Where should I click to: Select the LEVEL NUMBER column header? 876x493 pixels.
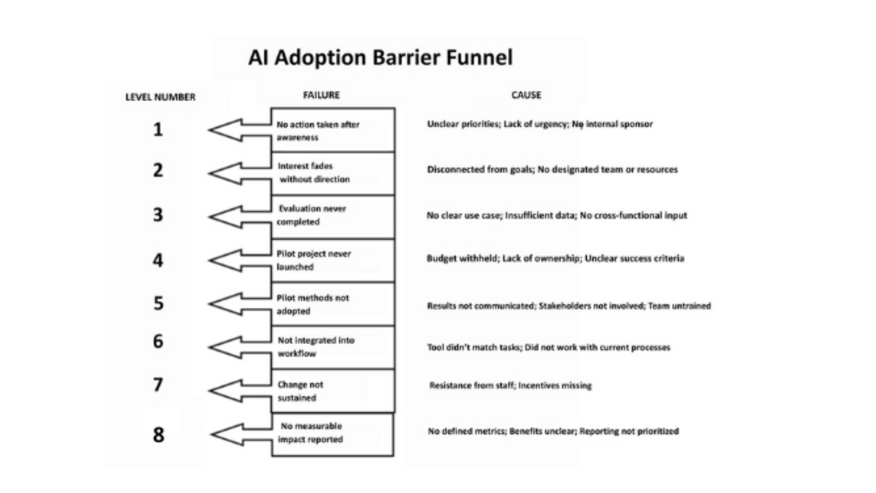pyautogui.click(x=160, y=97)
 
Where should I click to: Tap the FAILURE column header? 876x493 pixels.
pyautogui.click(x=321, y=95)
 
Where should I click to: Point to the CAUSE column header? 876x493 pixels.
pyautogui.click(x=526, y=95)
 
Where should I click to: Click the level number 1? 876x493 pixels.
pyautogui.click(x=158, y=130)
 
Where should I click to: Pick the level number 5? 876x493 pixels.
pyautogui.click(x=158, y=303)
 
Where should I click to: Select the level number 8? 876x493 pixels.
pyautogui.click(x=158, y=435)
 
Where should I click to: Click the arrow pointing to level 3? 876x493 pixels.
pyautogui.click(x=233, y=216)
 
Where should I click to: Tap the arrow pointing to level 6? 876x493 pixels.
pyautogui.click(x=233, y=347)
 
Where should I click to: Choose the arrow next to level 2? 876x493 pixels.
pyautogui.click(x=233, y=173)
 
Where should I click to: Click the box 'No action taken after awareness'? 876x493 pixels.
pyautogui.click(x=333, y=131)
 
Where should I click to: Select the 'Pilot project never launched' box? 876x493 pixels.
pyautogui.click(x=333, y=260)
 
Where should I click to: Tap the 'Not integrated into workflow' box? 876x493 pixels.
pyautogui.click(x=333, y=347)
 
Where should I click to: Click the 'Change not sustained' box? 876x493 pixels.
pyautogui.click(x=333, y=391)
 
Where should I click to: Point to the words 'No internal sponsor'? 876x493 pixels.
pyautogui.click(x=612, y=124)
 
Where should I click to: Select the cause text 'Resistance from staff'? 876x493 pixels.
pyautogui.click(x=472, y=385)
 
